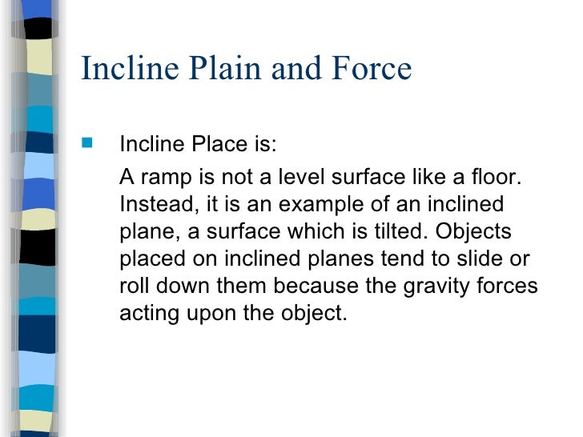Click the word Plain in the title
pos(227,69)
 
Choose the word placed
pos(152,259)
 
